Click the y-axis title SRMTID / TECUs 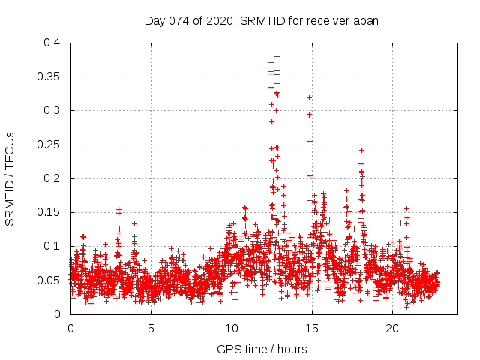10,178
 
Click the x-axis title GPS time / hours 262,349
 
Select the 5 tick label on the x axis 151,328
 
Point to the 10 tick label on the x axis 232,328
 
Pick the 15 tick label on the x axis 312,328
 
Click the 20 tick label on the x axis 392,328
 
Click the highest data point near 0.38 277,56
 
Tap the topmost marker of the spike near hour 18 361,150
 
